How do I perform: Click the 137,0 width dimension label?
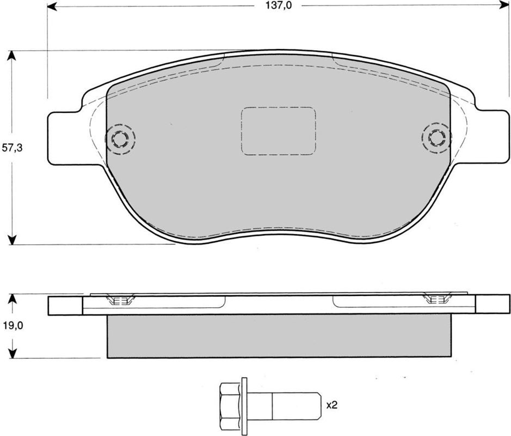click(278, 5)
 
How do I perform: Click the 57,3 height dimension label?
click(12, 148)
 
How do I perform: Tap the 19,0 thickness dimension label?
click(13, 325)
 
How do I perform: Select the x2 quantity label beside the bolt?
click(332, 405)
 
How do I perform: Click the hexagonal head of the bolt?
click(230, 406)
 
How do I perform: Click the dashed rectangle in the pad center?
click(278, 131)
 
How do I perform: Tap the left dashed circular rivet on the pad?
click(120, 140)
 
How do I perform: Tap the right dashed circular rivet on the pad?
click(436, 138)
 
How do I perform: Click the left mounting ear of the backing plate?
click(65, 138)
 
